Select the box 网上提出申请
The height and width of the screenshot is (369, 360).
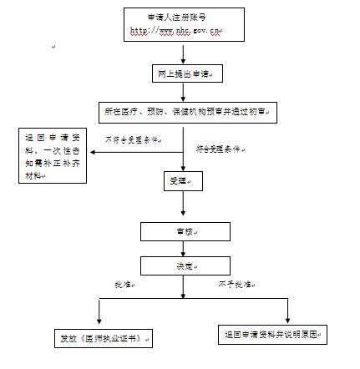click(x=184, y=76)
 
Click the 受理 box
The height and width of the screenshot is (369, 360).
click(x=179, y=180)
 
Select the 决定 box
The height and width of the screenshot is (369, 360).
click(x=184, y=265)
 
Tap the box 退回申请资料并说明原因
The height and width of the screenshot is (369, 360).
click(x=272, y=335)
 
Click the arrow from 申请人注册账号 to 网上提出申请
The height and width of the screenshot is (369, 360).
click(x=184, y=55)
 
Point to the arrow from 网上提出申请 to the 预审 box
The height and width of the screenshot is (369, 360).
click(x=184, y=93)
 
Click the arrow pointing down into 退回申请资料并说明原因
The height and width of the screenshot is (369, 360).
click(x=287, y=311)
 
